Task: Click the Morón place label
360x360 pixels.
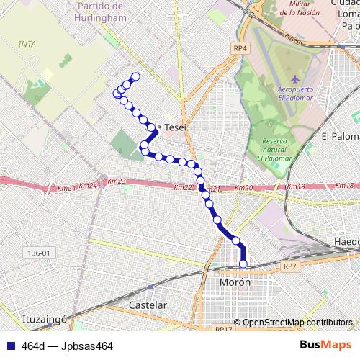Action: coord(235,282)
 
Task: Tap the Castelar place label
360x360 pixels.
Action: coord(147,305)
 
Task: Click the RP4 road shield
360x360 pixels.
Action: coord(240,48)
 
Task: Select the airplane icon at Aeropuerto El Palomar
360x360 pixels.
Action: coord(294,78)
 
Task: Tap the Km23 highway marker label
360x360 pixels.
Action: coord(117,181)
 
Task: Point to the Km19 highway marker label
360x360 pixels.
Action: coord(295,186)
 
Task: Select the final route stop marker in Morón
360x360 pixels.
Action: coord(243,264)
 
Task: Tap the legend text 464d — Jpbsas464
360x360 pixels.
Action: coord(68,346)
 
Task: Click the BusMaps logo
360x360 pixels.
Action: coord(325,345)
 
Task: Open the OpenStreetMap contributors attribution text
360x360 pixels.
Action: coord(297,323)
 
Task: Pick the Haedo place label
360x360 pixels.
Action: coord(346,241)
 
